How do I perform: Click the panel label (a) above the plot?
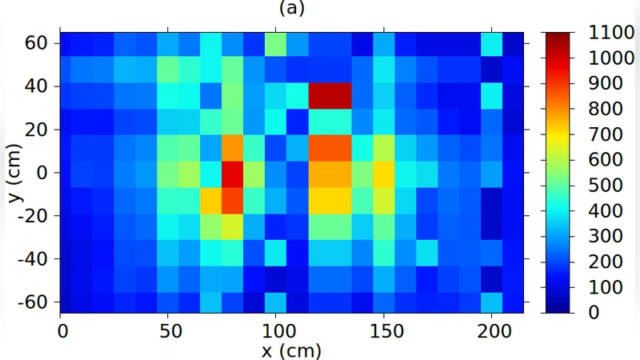[x=292, y=9]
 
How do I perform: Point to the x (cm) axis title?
[x=292, y=350]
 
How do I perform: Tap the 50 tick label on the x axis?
[x=168, y=329]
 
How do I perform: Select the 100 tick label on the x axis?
[x=275, y=329]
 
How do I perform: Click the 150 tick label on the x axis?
[x=383, y=329]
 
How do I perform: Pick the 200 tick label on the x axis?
[x=490, y=329]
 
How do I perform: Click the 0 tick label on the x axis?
[x=61, y=329]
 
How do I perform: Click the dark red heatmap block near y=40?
[x=330, y=97]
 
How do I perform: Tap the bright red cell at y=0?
[x=232, y=172]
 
